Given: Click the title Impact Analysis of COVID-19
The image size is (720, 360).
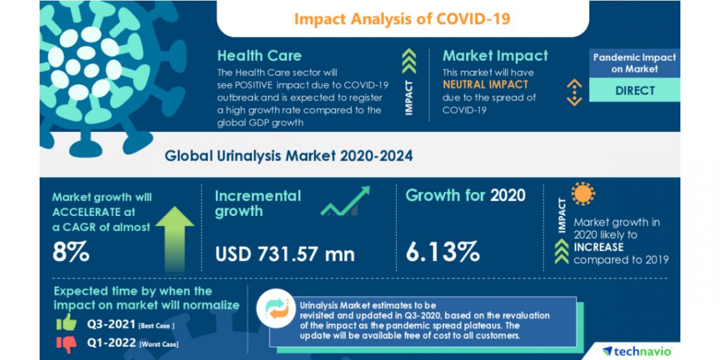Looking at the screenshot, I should [402, 18].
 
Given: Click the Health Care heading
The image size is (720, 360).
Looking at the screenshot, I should [259, 56].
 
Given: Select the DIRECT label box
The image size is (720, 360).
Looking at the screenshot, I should [635, 90].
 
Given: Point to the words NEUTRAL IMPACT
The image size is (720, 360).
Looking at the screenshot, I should [485, 84].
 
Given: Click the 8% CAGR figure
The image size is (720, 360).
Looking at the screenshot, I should [71, 252].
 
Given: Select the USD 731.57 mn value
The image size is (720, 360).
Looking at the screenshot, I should [285, 253].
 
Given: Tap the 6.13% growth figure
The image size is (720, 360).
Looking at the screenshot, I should [443, 252].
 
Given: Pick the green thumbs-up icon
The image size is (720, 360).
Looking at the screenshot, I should [66, 323].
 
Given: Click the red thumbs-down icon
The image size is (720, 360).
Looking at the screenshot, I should [66, 343].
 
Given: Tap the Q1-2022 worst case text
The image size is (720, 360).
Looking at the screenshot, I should [132, 344].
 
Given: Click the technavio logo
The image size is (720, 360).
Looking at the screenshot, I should [637, 350].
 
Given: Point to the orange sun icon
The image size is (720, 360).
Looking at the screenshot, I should [583, 194].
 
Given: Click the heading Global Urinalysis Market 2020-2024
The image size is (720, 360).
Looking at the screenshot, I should [289, 155].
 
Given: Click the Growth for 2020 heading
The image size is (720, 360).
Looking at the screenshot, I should [465, 195].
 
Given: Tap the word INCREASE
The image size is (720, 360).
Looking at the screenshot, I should [598, 247].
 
